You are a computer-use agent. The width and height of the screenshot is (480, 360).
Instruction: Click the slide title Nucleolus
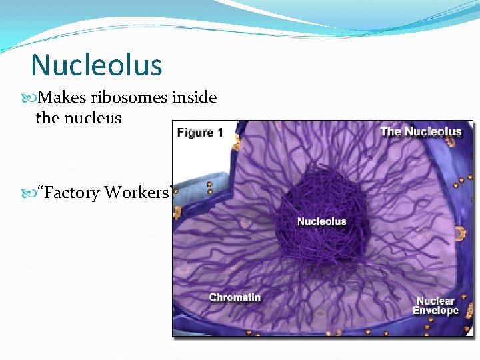pos(97,65)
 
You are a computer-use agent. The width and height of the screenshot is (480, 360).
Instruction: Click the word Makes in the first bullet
pos(63,98)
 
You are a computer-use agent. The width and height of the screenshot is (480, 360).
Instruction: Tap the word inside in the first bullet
pos(195,98)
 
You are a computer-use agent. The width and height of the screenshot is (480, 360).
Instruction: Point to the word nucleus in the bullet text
pos(97,118)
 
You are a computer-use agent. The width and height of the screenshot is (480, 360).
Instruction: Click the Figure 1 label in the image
pos(199,132)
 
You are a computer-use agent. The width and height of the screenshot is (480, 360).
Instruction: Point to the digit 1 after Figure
pos(219,132)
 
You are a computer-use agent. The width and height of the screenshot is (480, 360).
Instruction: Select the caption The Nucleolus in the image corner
pos(421,131)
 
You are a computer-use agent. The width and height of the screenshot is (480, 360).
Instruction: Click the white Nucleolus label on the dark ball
pos(321,221)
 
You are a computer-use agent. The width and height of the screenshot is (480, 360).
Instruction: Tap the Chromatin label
pos(235,297)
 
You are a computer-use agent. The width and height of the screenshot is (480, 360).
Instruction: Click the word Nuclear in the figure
pos(436,301)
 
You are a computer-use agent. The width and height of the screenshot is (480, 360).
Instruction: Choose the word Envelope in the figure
pos(436,311)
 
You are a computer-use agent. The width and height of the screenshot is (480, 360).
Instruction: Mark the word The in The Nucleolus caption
pos(391,131)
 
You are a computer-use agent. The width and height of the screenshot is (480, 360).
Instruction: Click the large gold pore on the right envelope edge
pos(459,233)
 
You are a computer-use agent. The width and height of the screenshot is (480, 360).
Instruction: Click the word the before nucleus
pos(47,118)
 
